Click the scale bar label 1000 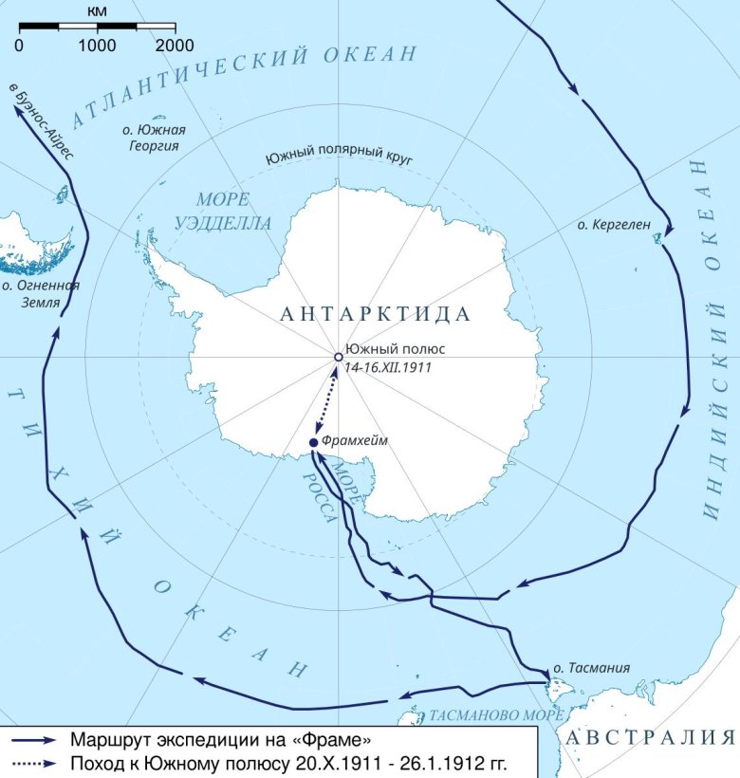[x=97, y=45]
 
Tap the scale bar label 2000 [x=174, y=45]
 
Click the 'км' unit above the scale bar [x=96, y=10]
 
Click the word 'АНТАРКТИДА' [x=376, y=314]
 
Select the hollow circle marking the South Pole [x=338, y=357]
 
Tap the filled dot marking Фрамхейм [x=314, y=442]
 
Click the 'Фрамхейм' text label [x=356, y=441]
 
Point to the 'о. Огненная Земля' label [x=40, y=293]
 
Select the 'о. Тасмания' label [x=592, y=668]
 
